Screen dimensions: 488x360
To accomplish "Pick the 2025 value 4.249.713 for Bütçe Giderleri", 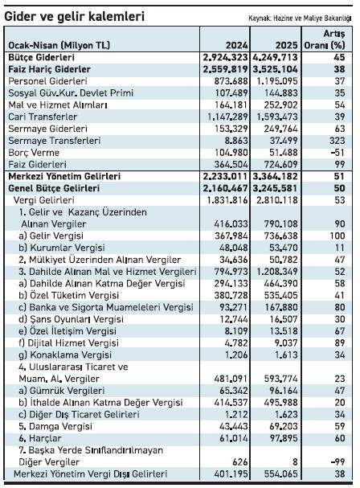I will [275, 59].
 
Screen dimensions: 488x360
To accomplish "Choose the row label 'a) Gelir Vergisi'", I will [51, 236].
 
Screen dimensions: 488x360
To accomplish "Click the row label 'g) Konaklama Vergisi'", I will [63, 354].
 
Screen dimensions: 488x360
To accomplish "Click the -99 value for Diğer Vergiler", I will [336, 461].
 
